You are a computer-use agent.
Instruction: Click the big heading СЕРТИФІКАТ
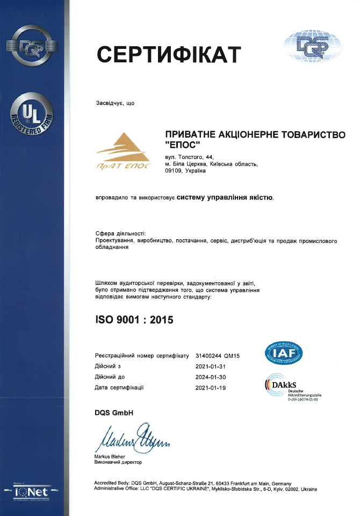(x=169, y=54)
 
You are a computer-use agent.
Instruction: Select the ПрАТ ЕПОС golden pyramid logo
(x=125, y=151)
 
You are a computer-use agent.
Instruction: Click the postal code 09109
(x=175, y=171)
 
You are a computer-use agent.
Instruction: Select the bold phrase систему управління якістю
(x=225, y=198)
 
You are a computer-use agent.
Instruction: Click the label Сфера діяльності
(x=120, y=233)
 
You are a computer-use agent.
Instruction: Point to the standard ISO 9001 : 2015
(x=134, y=320)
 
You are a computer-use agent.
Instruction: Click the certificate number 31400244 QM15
(x=217, y=356)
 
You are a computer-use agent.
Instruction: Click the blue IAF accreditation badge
(x=284, y=352)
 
